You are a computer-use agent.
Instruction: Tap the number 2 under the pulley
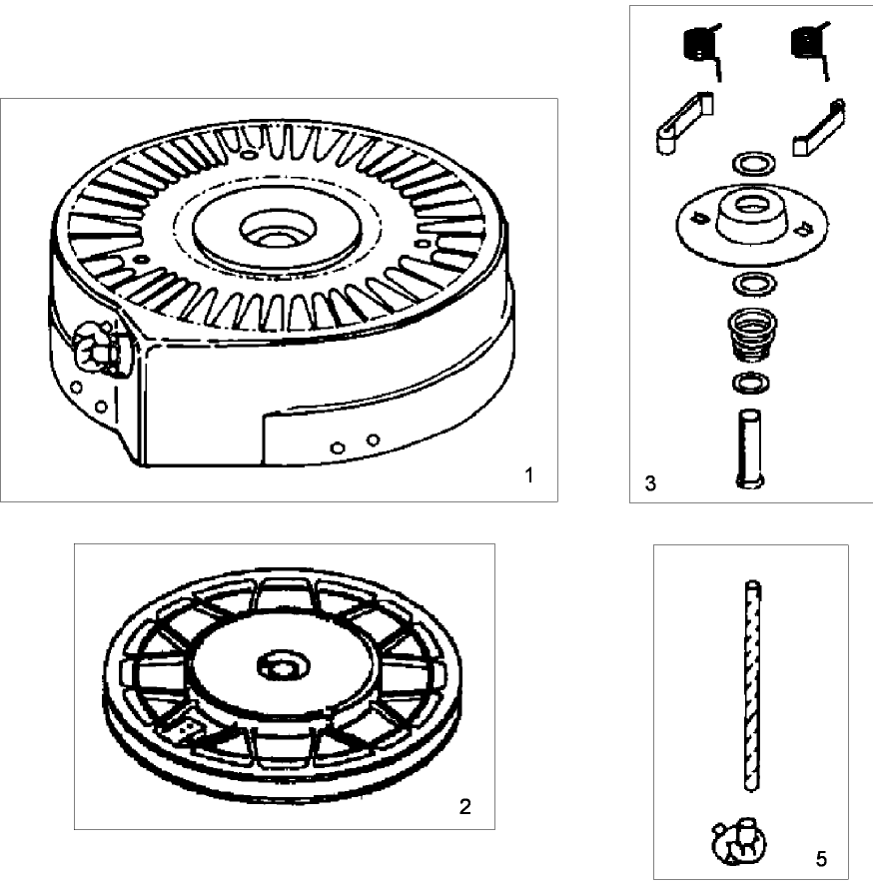[464, 806]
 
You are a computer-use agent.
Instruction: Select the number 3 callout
[650, 483]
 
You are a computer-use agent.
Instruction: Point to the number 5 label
[821, 858]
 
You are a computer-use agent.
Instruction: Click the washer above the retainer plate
[750, 163]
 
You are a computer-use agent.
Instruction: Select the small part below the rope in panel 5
[734, 843]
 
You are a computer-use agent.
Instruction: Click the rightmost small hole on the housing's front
[371, 440]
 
